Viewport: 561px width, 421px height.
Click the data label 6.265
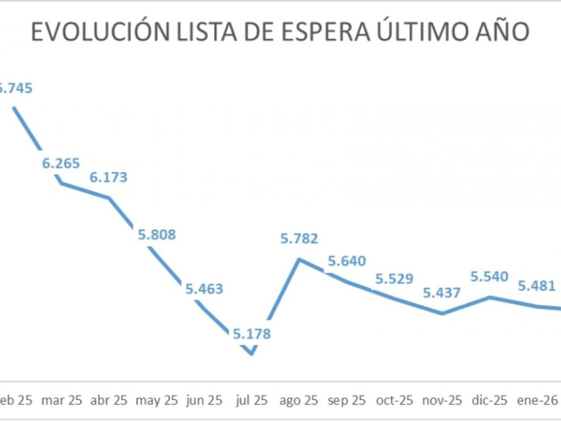61,164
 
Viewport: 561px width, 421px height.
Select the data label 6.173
108,178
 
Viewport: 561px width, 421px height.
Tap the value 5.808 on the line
157,234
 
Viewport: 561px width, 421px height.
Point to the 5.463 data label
204,288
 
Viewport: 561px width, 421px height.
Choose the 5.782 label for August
299,239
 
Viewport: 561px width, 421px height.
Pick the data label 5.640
346,261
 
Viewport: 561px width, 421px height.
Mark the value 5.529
394,279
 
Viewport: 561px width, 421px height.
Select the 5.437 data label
441,293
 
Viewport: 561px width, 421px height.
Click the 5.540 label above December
489,277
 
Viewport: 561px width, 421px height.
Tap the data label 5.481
536,285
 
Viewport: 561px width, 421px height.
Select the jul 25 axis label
252,400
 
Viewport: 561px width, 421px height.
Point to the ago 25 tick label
299,400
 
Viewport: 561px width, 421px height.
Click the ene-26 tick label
536,400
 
